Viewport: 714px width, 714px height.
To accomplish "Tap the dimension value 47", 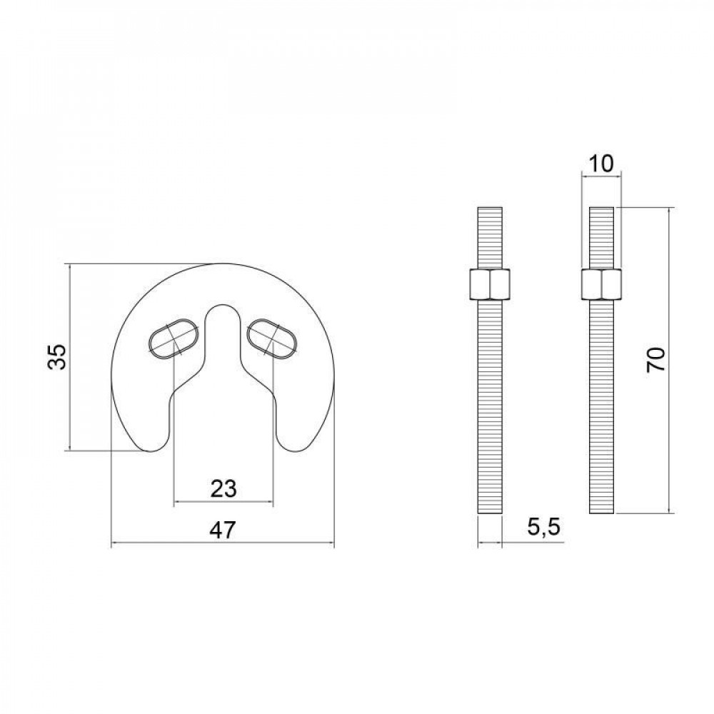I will coord(223,531).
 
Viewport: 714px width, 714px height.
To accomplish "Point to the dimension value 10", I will coord(602,164).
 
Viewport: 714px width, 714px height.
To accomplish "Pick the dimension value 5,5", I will coord(543,529).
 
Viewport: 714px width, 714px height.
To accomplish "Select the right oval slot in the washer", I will coord(272,337).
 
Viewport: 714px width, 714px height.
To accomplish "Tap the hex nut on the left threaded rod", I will coord(489,283).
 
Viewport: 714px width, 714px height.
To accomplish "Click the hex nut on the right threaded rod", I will coord(602,283).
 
